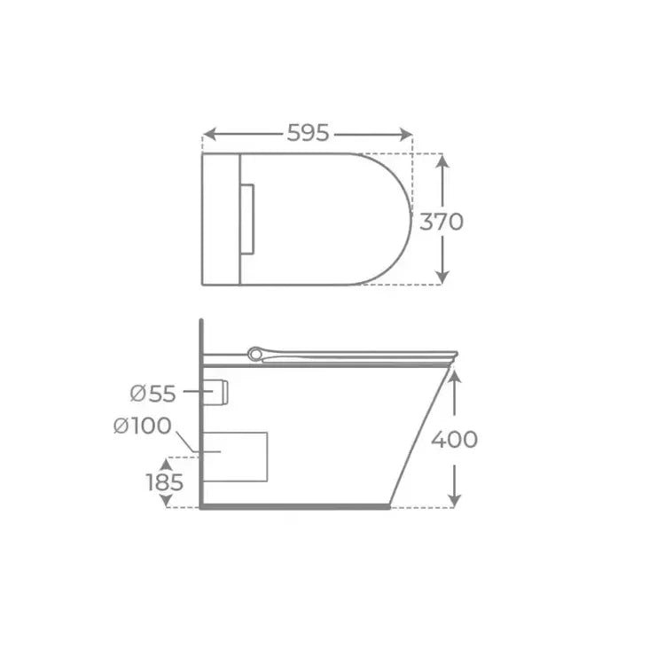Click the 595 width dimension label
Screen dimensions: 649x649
coord(308,133)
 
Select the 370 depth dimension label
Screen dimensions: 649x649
coord(442,222)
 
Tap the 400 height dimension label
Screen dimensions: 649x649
coord(454,440)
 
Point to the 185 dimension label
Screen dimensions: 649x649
coord(165,482)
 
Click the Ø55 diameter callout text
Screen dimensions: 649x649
coord(152,393)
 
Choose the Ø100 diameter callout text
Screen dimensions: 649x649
coord(143,426)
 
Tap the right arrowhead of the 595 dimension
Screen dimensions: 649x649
coord(406,134)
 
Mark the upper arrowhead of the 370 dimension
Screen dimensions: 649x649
coord(442,160)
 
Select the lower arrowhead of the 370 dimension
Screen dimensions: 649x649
coord(442,278)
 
